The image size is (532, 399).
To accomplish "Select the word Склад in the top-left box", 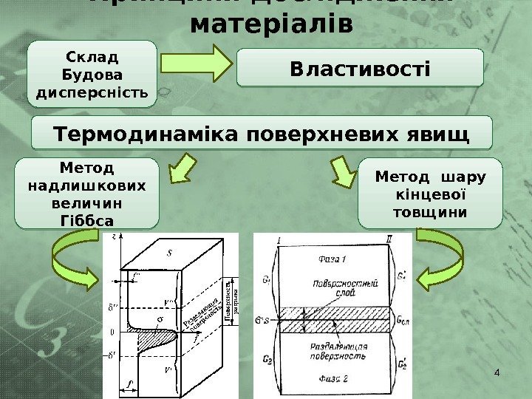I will (92, 57).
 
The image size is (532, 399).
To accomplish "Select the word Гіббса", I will (86, 219).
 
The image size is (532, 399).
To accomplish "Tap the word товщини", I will (431, 212).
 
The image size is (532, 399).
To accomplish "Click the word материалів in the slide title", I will (271, 24).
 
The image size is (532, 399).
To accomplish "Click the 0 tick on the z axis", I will (112, 332).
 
